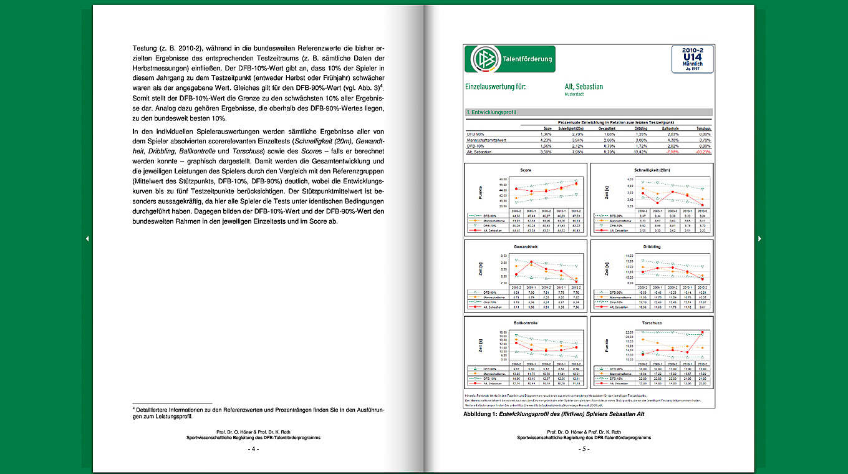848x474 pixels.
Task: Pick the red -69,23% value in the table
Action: click(x=703, y=151)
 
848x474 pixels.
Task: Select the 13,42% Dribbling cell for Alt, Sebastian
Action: click(x=641, y=151)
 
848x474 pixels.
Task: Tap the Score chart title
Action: click(x=526, y=170)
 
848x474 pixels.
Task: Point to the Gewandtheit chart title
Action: click(x=526, y=246)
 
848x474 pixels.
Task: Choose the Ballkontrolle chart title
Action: click(x=526, y=323)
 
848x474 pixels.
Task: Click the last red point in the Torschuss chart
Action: click(x=703, y=332)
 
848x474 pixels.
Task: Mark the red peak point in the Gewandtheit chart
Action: click(x=531, y=262)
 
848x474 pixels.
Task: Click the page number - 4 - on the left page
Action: click(x=253, y=448)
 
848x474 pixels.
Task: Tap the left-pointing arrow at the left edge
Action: click(x=87, y=238)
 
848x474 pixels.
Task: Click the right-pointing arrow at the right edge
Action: click(x=759, y=238)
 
